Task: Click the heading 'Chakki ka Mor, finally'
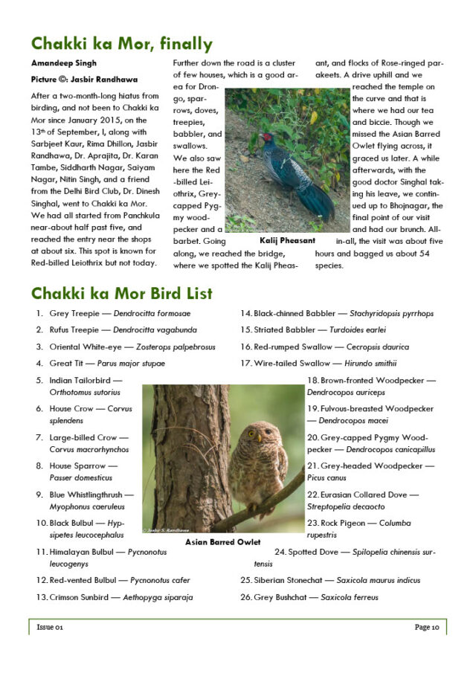click(121, 44)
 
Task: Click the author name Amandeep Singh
click(64, 63)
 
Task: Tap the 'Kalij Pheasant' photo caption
click(287, 241)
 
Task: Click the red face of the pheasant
click(264, 138)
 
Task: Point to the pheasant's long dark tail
click(317, 200)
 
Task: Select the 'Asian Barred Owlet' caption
click(222, 542)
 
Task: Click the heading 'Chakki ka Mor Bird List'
click(121, 293)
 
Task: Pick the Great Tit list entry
click(107, 364)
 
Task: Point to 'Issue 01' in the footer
click(50, 628)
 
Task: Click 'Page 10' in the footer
click(427, 628)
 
